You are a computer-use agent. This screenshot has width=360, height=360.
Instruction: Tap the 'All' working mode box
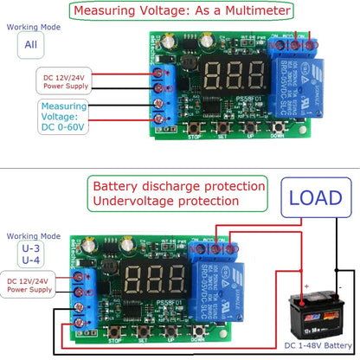point(30,46)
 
